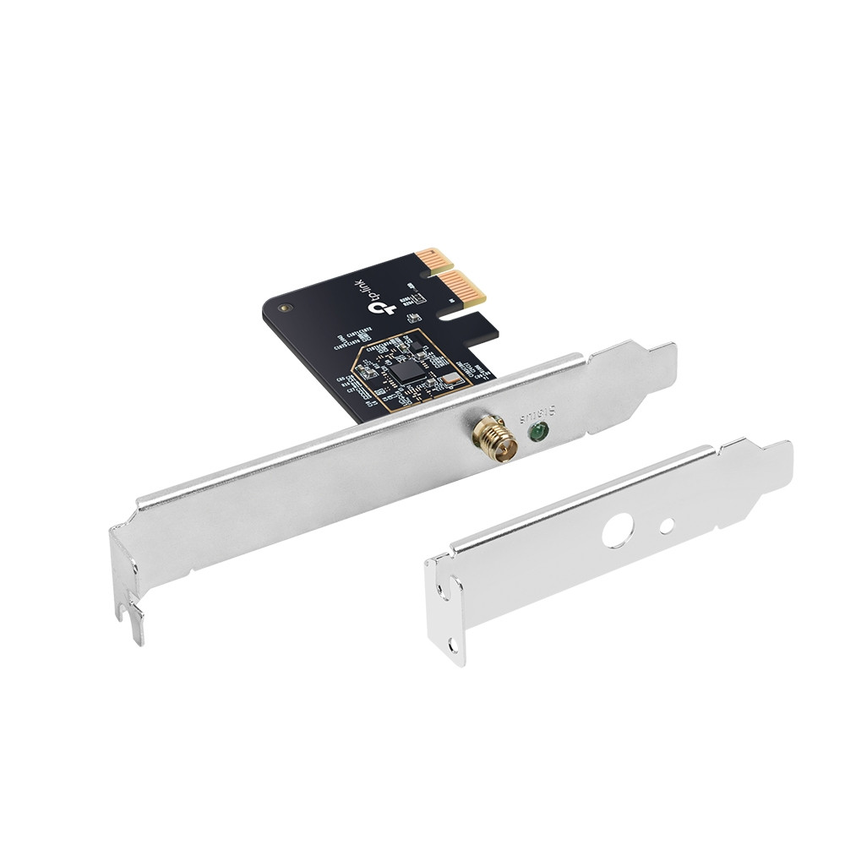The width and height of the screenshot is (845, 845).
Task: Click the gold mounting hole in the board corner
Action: pos(285,308)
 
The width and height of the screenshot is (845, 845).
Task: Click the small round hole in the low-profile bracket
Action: pos(667,525)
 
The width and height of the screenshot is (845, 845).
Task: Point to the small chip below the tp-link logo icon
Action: pos(414,318)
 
